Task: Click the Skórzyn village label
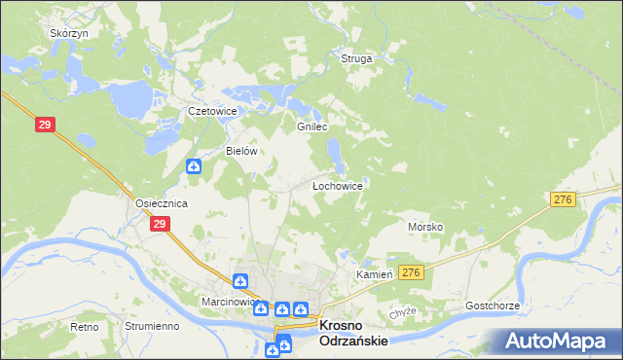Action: click(69, 33)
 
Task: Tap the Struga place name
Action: click(356, 59)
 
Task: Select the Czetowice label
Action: click(212, 111)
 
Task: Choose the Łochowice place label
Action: click(337, 185)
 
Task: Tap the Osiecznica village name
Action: click(161, 203)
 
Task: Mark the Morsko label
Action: click(425, 227)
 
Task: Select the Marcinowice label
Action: click(229, 302)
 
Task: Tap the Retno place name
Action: click(85, 327)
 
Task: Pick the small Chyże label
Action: click(403, 311)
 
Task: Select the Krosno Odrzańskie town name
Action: click(354, 334)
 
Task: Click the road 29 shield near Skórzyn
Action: click(44, 125)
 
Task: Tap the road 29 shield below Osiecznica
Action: click(160, 224)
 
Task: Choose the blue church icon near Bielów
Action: click(194, 166)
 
